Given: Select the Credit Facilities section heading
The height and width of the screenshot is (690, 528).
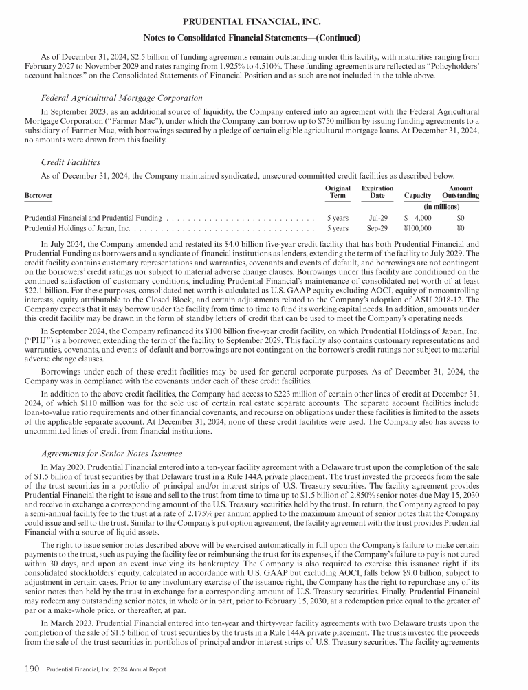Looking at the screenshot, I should click(71, 162).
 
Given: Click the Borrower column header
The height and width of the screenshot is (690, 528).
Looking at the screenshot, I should click(38, 196).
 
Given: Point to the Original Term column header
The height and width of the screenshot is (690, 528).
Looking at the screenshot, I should click(338, 192).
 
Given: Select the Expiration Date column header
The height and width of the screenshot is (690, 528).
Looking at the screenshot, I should click(377, 192).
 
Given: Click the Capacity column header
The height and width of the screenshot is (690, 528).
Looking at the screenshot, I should click(417, 196).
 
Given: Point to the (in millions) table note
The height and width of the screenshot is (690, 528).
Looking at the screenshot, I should click(441, 205).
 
